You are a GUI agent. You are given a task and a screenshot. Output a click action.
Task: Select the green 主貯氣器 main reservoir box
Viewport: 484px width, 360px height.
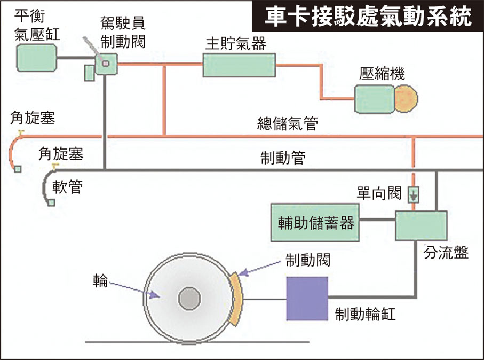click(x=239, y=65)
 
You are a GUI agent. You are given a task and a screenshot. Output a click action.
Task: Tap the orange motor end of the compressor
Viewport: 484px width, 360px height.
click(x=407, y=98)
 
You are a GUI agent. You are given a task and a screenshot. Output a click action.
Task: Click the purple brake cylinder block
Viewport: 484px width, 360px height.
click(x=307, y=299)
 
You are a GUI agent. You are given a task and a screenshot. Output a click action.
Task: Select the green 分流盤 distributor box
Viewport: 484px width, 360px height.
click(x=420, y=225)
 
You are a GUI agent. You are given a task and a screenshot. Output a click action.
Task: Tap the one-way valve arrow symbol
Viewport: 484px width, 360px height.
click(x=414, y=195)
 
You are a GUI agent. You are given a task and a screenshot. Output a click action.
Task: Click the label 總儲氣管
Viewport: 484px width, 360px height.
click(x=287, y=124)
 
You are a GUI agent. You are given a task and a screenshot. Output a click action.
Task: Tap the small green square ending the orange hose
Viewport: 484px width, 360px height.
click(x=18, y=169)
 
